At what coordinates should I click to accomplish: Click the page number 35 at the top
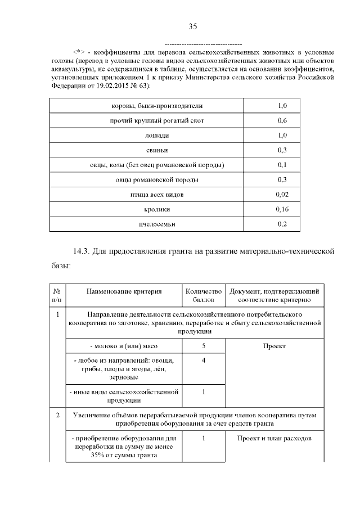(x=193, y=26)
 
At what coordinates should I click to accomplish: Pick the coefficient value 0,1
(x=282, y=165)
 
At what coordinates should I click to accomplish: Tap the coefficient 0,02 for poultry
(x=282, y=195)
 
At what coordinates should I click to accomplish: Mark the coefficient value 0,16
(x=282, y=209)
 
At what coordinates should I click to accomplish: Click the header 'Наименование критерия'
(x=124, y=292)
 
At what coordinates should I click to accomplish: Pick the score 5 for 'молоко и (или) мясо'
(x=203, y=346)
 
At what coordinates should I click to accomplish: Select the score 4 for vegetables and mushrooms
(x=203, y=361)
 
